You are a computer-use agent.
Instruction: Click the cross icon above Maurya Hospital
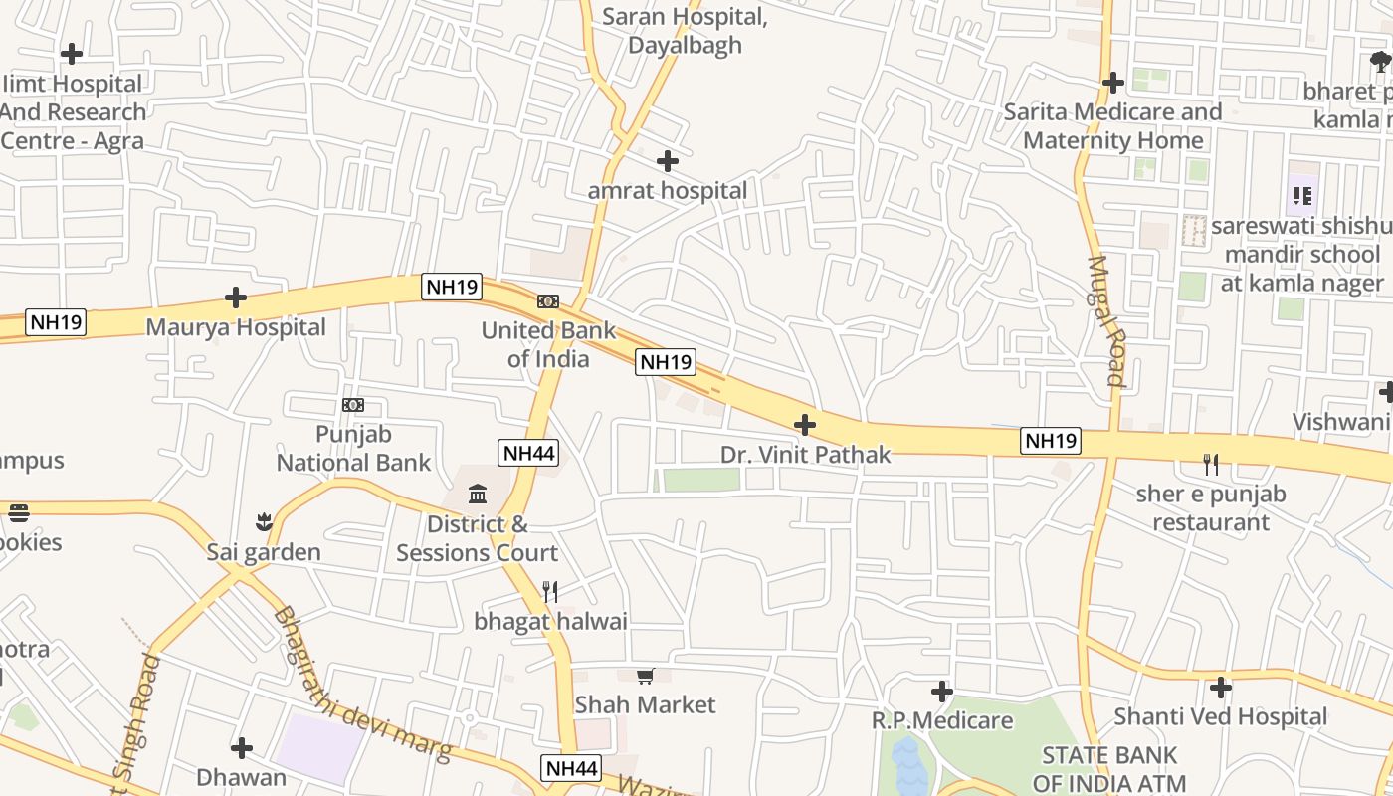pos(236,298)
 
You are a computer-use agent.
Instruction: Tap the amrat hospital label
pos(667,190)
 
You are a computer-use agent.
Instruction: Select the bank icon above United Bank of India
pos(547,301)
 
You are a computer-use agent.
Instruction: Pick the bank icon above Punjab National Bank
pos(353,405)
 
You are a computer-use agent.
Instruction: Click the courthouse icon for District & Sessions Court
pos(478,495)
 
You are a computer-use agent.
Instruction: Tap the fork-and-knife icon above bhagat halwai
pos(550,592)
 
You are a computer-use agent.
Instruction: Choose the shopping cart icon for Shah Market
pos(645,677)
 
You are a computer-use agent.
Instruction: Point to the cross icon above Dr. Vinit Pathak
pos(805,426)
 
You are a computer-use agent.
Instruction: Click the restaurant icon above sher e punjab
pos(1211,464)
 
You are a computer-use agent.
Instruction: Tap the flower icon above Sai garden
pos(264,521)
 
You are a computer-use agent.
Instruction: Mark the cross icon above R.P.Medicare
pos(942,691)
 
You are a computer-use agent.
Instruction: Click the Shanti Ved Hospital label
pos(1220,716)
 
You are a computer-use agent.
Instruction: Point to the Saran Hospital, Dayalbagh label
pos(686,31)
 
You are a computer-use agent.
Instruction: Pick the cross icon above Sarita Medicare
pos(1113,83)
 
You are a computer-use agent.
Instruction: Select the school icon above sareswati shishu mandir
pos(1301,196)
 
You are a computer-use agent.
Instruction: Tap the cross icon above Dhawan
pos(241,748)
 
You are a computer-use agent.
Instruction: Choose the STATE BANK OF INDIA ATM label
pos(1109,769)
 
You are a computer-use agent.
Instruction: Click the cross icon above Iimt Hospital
pos(72,54)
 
